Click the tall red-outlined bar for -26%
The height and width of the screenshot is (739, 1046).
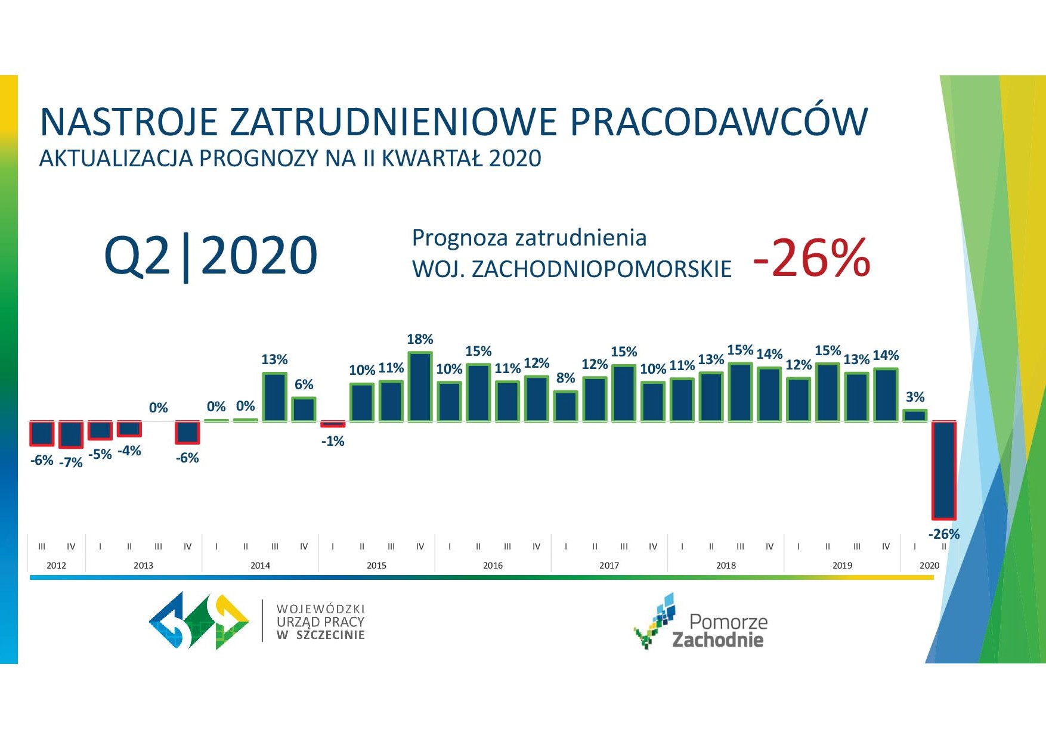944,470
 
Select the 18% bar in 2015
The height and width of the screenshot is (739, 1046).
420,387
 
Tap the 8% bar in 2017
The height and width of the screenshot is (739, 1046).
565,406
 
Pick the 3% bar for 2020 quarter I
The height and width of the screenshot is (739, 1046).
915,415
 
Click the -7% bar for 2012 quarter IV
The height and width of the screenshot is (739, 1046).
71,434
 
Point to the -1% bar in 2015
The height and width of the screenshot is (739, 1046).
333,424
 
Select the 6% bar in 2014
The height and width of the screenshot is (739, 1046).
304,409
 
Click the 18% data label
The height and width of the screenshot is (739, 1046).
420,339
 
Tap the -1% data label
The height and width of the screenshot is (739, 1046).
333,441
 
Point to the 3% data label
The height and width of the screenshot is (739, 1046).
915,397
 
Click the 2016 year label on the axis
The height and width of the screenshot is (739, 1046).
493,565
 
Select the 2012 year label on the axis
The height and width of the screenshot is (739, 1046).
56,565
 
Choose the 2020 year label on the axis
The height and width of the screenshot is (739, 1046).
929,565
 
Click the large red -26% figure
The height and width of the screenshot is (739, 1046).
812,257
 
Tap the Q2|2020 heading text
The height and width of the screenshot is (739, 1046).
211,256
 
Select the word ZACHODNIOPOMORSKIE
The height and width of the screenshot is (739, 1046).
601,269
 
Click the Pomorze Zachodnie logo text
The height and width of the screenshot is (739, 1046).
720,631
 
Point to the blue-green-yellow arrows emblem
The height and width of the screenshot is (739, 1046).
199,620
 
